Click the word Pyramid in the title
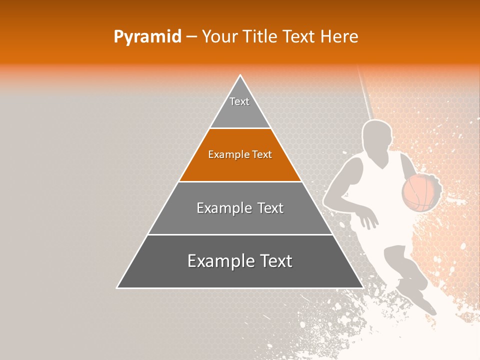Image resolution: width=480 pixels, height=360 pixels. [147, 36]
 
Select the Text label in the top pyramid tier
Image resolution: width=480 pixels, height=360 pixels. [239, 101]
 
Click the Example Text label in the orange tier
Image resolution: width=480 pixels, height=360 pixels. [240, 154]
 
